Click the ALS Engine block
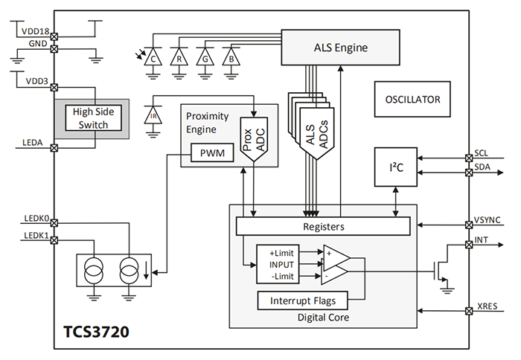pyautogui.click(x=341, y=48)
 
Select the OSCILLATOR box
pyautogui.click(x=412, y=100)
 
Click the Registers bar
pyautogui.click(x=323, y=225)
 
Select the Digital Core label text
pyautogui.click(x=322, y=318)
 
